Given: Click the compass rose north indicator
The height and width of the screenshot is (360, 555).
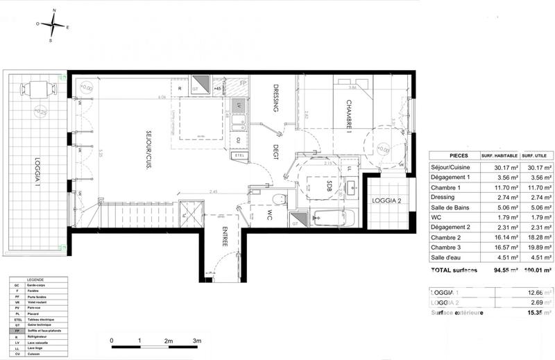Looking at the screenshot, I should [x=53, y=12].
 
